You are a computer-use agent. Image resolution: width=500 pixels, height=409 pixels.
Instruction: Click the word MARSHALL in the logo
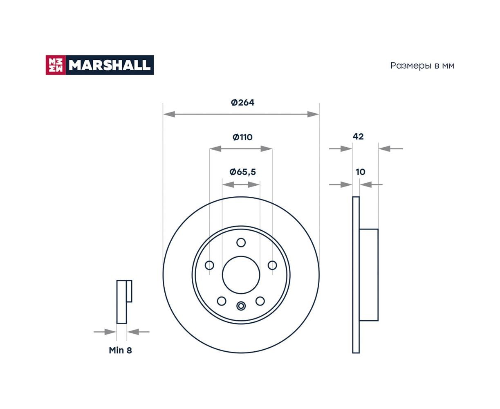pyautogui.click(x=110, y=65)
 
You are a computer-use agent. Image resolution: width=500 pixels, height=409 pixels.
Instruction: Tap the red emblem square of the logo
pyautogui.click(x=56, y=65)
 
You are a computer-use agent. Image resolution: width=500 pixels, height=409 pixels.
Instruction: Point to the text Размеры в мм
pyautogui.click(x=422, y=66)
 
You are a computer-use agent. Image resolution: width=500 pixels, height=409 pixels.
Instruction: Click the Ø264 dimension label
pyautogui.click(x=242, y=103)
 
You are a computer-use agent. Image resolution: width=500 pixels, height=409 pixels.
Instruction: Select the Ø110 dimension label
pyautogui.click(x=242, y=137)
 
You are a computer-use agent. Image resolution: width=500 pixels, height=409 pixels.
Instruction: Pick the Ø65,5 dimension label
pyautogui.click(x=242, y=172)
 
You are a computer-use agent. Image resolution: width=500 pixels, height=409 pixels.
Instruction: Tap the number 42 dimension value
pyautogui.click(x=358, y=137)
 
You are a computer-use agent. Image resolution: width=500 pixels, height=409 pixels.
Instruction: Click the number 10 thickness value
pyautogui.click(x=360, y=172)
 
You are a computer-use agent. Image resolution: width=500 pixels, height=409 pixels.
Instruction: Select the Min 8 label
pyautogui.click(x=120, y=350)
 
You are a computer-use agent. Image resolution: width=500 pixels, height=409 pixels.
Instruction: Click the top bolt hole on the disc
pyautogui.click(x=241, y=243)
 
